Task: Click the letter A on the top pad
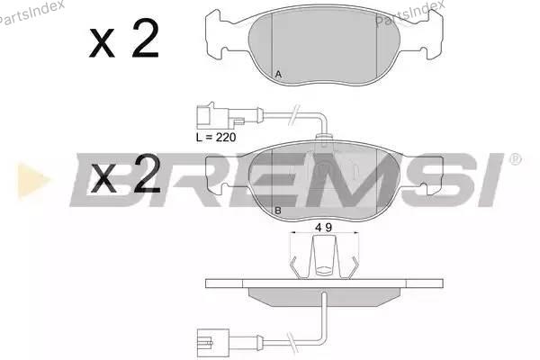[279, 74]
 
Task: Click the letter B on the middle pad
[278, 211]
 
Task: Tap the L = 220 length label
[216, 138]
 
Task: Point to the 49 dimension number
[324, 228]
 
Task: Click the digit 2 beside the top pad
[145, 38]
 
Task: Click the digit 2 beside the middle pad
[147, 174]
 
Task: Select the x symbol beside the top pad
[102, 42]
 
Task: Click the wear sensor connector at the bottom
[213, 342]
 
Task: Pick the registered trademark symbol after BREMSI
[515, 159]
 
